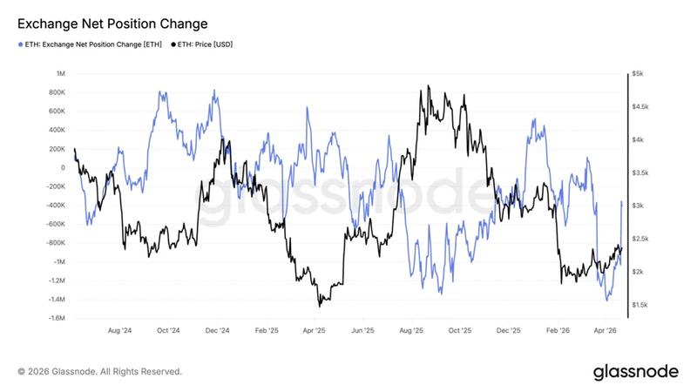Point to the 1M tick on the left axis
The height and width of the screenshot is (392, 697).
click(x=60, y=74)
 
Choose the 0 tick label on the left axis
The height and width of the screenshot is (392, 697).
click(x=63, y=168)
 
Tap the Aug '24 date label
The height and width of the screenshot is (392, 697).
click(x=119, y=331)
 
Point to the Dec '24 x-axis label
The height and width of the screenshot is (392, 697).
click(x=217, y=331)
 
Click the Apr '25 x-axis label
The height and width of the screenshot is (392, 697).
click(x=314, y=331)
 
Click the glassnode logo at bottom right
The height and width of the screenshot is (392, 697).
click(x=635, y=371)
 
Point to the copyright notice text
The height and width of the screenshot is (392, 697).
click(x=99, y=372)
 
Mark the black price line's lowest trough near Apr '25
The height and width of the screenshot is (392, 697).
click(x=320, y=306)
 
